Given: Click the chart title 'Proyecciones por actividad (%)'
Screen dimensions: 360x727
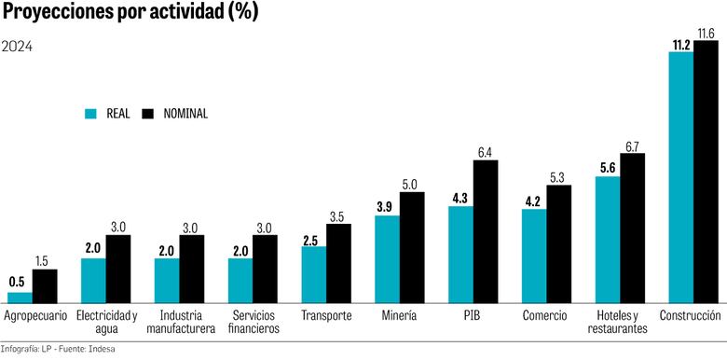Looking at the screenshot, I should coord(130,13).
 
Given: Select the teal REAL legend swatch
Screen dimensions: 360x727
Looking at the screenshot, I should coord(90,114).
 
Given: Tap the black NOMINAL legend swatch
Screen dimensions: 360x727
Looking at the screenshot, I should coord(146,114).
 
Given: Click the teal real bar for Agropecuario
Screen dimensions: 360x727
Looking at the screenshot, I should coord(21,297).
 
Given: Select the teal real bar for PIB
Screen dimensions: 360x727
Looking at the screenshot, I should coord(460,253).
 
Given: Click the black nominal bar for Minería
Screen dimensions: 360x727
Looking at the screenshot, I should coord(412,246).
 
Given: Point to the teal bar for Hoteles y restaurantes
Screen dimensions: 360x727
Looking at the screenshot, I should coord(608,238).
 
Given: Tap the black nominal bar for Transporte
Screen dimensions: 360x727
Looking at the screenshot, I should coord(339,262).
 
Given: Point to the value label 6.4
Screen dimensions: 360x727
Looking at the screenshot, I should coord(486,152).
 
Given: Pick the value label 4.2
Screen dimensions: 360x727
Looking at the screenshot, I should coord(530,200).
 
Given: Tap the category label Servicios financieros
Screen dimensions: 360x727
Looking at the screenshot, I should coord(253,322).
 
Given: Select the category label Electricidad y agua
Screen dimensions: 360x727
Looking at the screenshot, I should coord(106,322).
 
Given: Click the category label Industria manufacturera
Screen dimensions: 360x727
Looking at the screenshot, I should coord(180,322).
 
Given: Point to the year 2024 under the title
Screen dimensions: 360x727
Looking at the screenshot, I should coord(17,48).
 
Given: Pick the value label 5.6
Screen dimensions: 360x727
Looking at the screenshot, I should coord(607,168).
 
